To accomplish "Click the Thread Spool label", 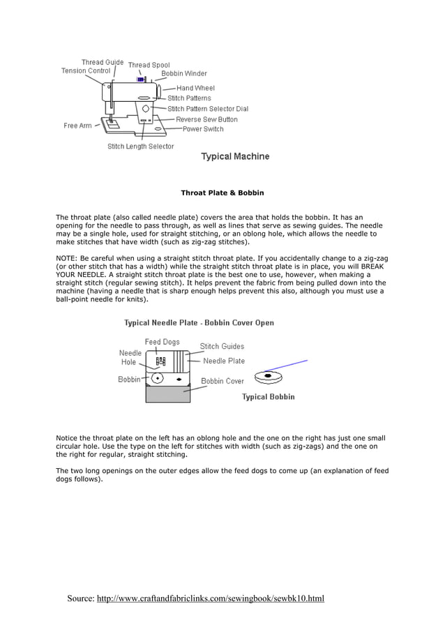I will pyautogui.click(x=149, y=65).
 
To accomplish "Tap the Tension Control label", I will pyautogui.click(x=86, y=70).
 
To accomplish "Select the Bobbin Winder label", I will pyautogui.click(x=184, y=73).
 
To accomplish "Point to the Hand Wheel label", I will pyautogui.click(x=195, y=88).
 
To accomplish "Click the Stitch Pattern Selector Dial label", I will pyautogui.click(x=208, y=109).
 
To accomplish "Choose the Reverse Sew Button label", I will pyautogui.click(x=206, y=119).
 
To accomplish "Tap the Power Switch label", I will pyautogui.click(x=203, y=129).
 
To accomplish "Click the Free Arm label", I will pyautogui.click(x=77, y=126).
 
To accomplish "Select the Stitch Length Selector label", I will pyautogui.click(x=140, y=147).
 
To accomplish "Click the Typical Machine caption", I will pyautogui.click(x=235, y=156).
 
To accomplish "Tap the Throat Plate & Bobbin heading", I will pyautogui.click(x=222, y=192).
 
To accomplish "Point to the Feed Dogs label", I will pyautogui.click(x=162, y=342).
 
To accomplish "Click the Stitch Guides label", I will pyautogui.click(x=222, y=346).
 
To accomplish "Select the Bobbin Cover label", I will pyautogui.click(x=222, y=381).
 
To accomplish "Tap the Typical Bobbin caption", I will pyautogui.click(x=268, y=397).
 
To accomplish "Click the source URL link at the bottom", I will pyautogui.click(x=210, y=599).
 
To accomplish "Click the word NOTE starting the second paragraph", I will pyautogui.click(x=66, y=258).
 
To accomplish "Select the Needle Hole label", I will pyautogui.click(x=130, y=357).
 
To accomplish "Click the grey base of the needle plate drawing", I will pyautogui.click(x=167, y=395).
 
